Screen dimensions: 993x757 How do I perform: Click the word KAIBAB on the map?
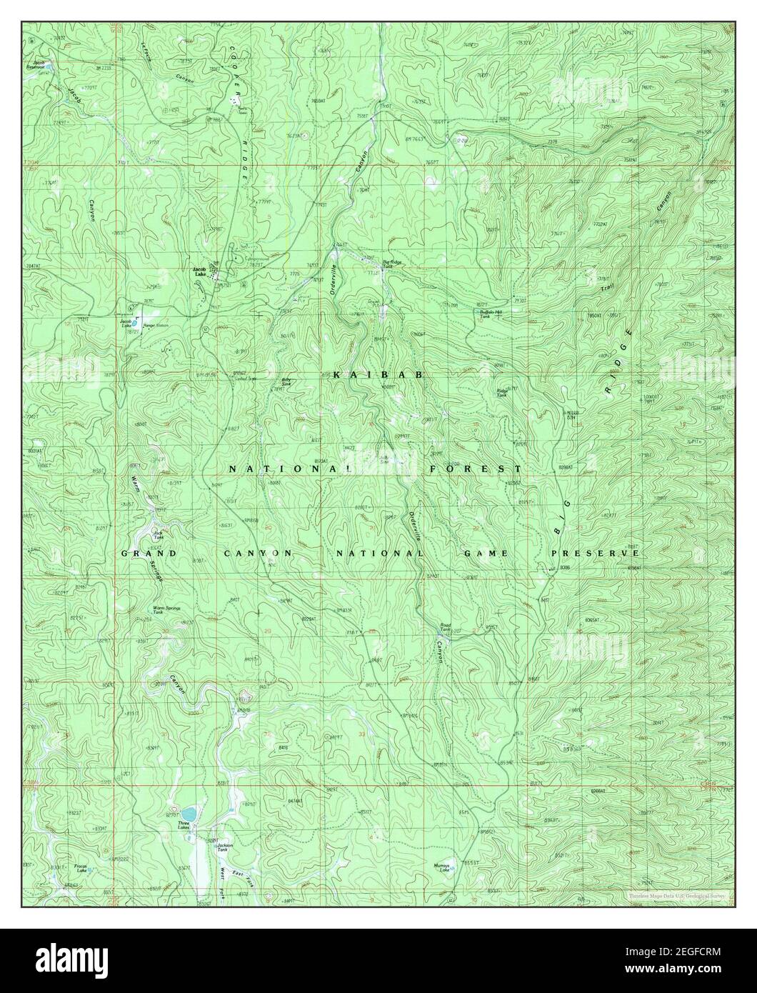pyautogui.click(x=378, y=374)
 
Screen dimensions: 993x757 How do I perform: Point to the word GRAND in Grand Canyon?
pyautogui.click(x=149, y=554)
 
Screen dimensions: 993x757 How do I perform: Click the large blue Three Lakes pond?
pyautogui.click(x=189, y=814)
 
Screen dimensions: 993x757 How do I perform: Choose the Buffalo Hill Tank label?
pyautogui.click(x=493, y=313)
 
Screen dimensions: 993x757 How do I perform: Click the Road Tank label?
pyautogui.click(x=446, y=627)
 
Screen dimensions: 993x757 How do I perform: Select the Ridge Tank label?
pyautogui.click(x=502, y=392)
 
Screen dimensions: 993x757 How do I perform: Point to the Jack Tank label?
pyautogui.click(x=159, y=533)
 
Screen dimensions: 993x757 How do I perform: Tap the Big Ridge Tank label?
pyautogui.click(x=393, y=264)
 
